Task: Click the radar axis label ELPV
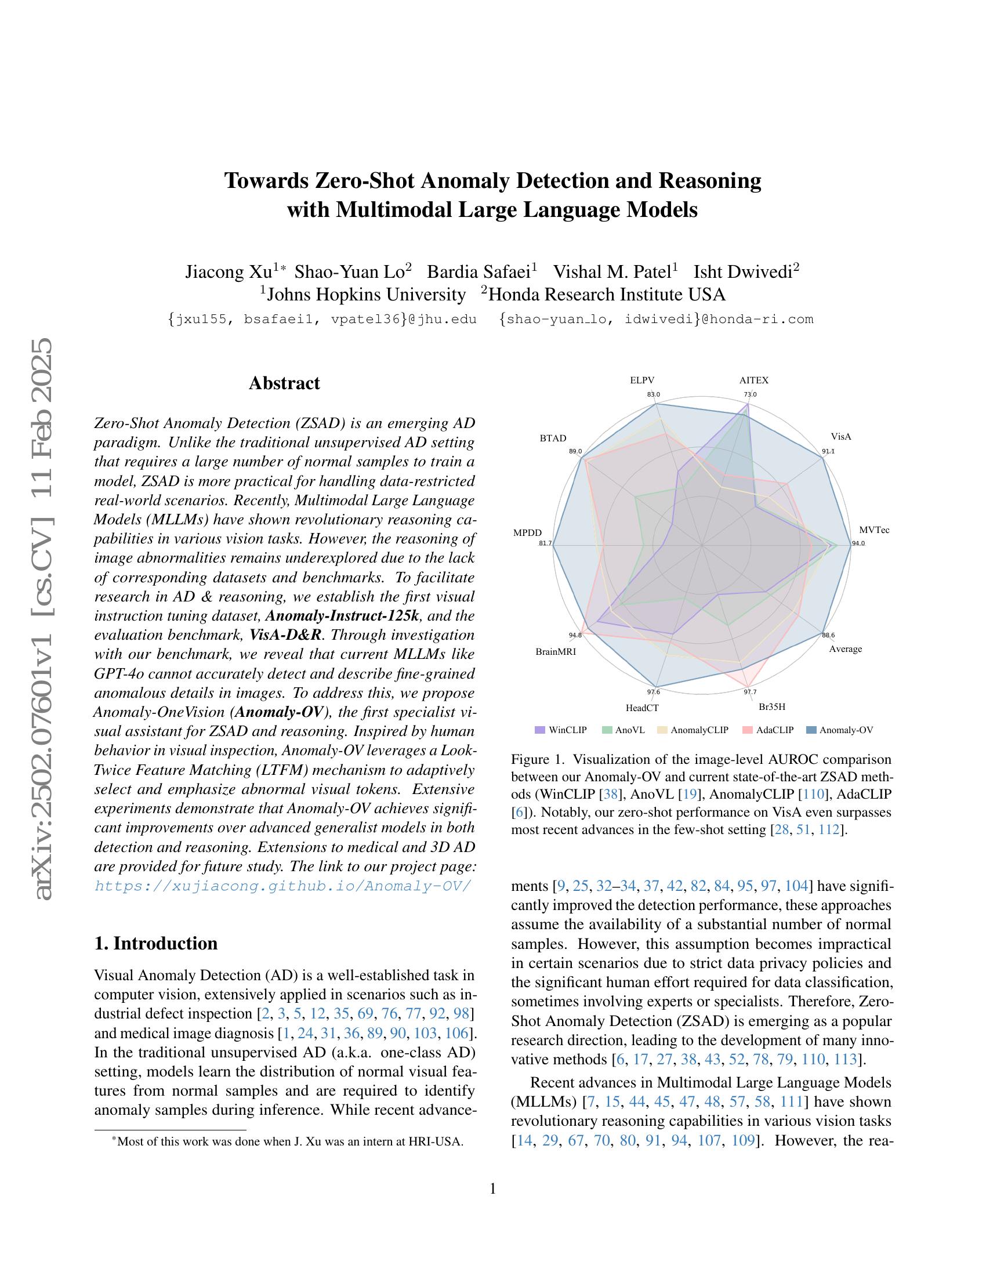tap(641, 380)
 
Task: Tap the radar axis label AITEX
tap(753, 380)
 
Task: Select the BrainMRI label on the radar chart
tap(556, 651)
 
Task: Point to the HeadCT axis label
tap(642, 708)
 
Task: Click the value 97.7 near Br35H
tap(750, 693)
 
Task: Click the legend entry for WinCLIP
tap(561, 730)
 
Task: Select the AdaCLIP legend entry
tap(768, 730)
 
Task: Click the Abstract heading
tap(284, 383)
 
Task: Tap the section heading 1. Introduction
tap(156, 944)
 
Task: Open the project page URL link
tap(282, 886)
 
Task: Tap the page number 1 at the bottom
tap(492, 1188)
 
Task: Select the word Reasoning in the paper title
tap(710, 180)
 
